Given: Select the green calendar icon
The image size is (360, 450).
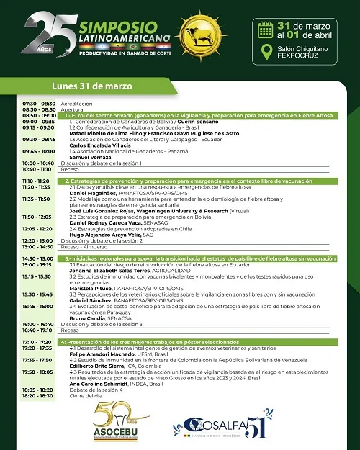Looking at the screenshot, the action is tap(264, 30).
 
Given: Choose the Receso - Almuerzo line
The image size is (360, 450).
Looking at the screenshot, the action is tap(91, 246).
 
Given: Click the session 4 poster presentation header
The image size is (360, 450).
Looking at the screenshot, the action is tap(198, 341).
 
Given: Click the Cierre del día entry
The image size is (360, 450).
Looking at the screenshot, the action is tap(86, 395).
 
